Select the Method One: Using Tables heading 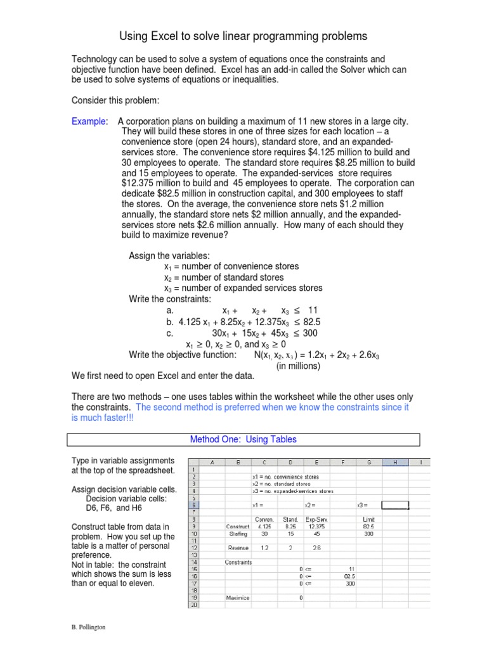(x=243, y=439)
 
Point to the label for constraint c (x=169, y=333)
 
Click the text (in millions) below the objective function (x=298, y=366)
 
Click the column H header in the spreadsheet (x=394, y=463)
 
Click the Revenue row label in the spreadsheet (x=238, y=547)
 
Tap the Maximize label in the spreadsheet (x=238, y=597)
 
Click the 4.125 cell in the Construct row (x=265, y=525)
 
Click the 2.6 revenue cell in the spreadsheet (x=316, y=547)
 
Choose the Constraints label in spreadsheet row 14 (x=238, y=562)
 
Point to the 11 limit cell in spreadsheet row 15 (x=349, y=569)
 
